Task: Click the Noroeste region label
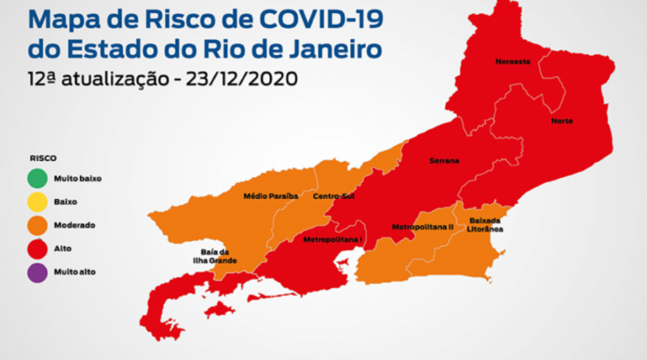tap(514, 61)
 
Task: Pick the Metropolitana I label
tap(333, 240)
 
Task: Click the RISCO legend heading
tap(42, 159)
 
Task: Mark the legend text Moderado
tap(73, 225)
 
